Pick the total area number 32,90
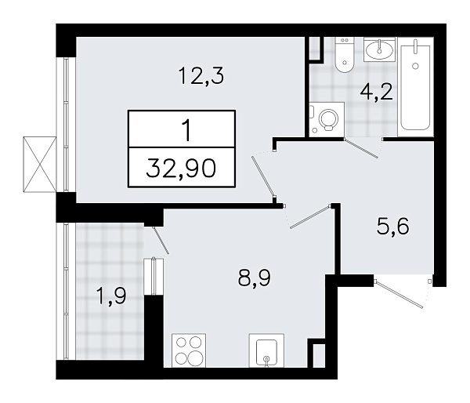click(182, 168)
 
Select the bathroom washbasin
click(379, 49)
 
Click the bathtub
click(415, 86)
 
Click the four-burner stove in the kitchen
click(189, 350)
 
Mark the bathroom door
click(362, 147)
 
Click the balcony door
click(157, 240)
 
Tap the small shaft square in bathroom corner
click(315, 48)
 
